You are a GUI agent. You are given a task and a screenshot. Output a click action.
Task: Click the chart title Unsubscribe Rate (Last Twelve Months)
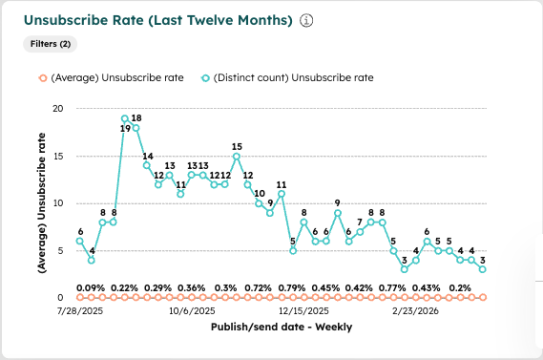click(157, 20)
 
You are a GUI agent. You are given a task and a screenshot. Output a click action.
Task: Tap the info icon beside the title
click(306, 20)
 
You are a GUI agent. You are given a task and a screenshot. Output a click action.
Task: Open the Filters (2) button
click(51, 44)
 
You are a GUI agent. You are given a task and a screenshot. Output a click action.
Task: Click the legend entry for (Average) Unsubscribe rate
click(114, 78)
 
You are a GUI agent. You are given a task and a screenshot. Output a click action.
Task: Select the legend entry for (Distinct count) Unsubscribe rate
click(288, 78)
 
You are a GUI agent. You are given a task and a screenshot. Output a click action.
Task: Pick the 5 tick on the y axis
click(59, 250)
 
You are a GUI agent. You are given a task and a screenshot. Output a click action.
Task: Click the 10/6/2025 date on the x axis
click(191, 310)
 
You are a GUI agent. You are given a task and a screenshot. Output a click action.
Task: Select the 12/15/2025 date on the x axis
click(304, 310)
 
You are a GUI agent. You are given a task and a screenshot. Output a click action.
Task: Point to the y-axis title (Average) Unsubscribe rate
click(41, 201)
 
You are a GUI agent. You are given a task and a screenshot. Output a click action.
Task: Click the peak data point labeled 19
click(125, 118)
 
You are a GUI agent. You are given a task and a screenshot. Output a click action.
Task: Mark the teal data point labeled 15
click(237, 156)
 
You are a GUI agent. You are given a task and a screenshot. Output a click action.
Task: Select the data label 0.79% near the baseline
click(291, 287)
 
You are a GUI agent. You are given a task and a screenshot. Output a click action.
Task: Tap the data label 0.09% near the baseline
click(92, 287)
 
